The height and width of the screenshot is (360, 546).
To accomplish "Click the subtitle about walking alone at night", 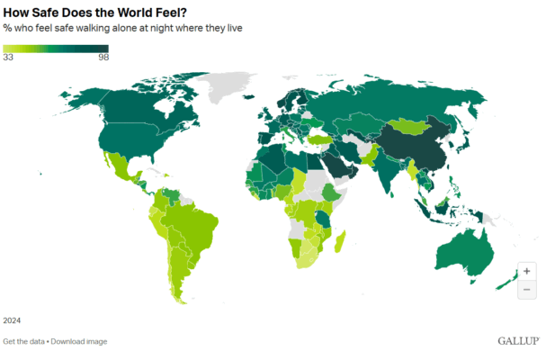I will (x=122, y=29).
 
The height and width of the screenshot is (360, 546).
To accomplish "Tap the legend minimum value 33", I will (x=8, y=57).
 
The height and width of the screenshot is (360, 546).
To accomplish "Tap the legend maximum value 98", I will (x=103, y=57).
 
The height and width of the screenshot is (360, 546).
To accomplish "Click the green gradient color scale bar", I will (x=55, y=48).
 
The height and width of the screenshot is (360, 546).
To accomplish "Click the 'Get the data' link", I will (x=24, y=341).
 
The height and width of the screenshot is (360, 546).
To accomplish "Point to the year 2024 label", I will (x=12, y=320).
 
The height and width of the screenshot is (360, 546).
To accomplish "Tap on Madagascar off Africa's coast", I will (x=340, y=241).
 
